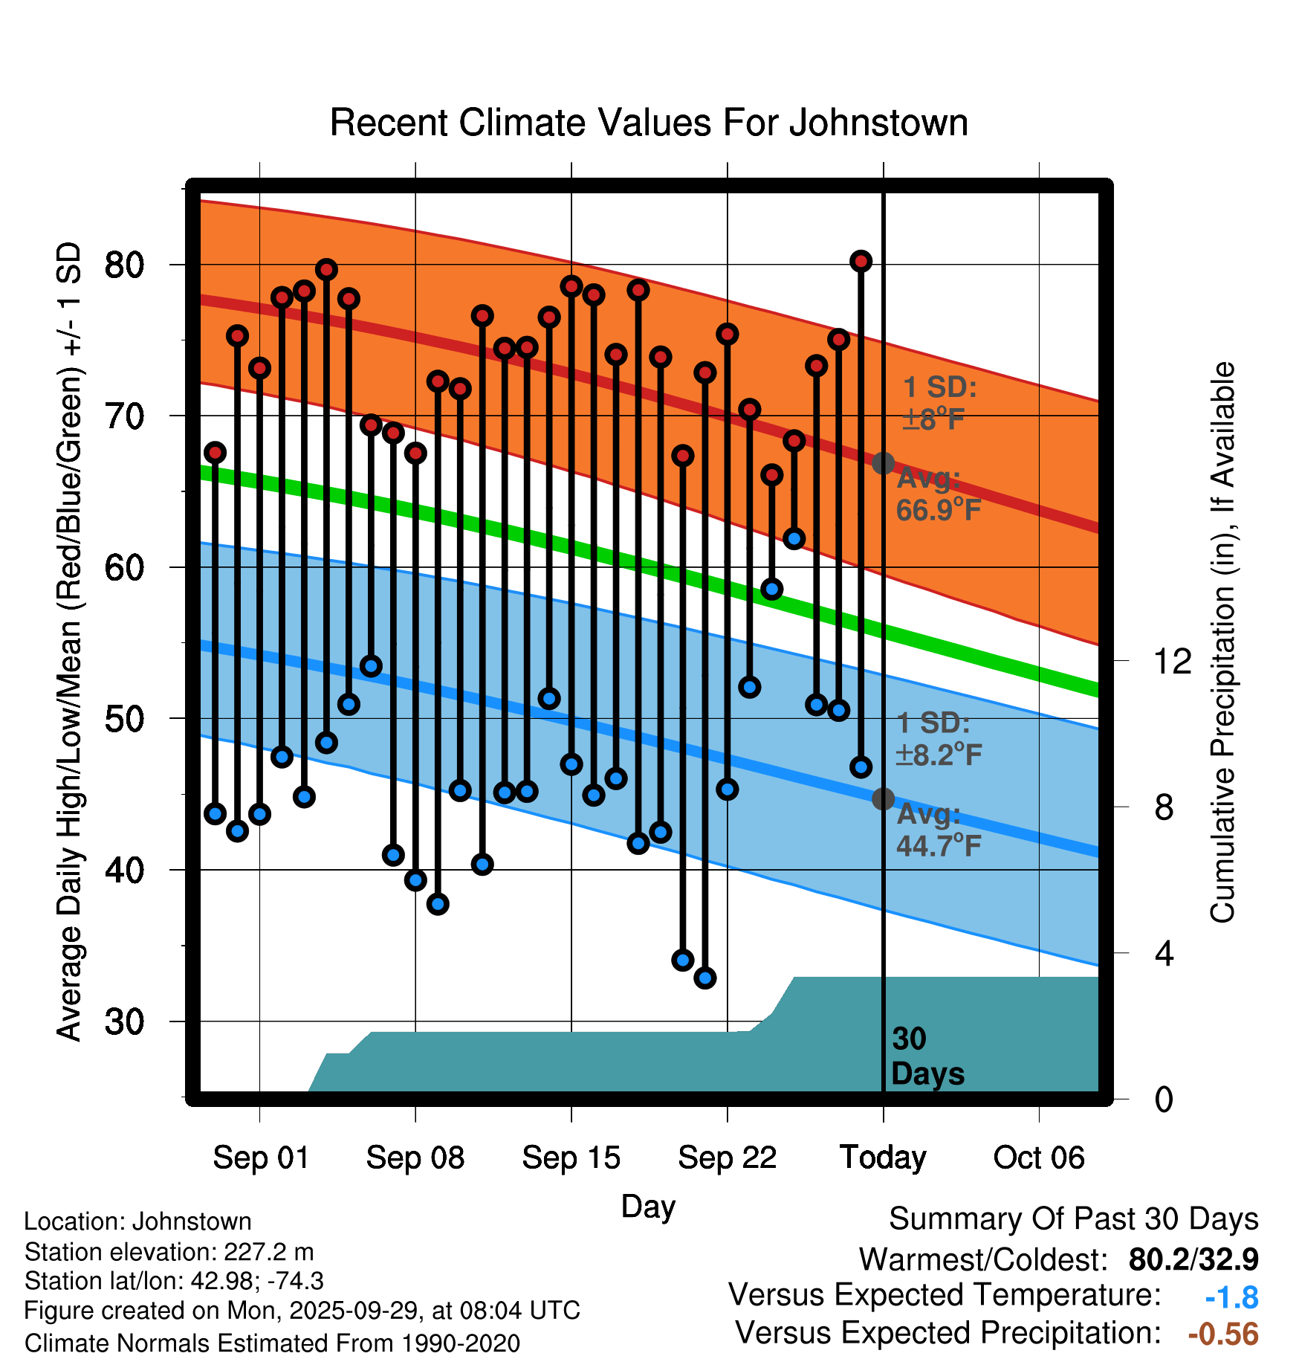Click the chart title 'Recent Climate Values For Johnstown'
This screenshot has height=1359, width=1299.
(x=649, y=123)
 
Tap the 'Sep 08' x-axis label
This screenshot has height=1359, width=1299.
(x=415, y=1158)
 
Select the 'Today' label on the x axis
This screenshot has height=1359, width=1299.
(x=883, y=1158)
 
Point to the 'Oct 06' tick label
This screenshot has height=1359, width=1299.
(x=1039, y=1158)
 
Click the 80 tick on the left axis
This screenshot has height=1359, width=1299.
(x=124, y=265)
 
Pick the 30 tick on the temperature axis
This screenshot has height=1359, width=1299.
(x=124, y=1021)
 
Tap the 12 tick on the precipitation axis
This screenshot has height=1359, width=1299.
(x=1172, y=661)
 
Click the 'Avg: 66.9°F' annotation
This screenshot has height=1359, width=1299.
(x=938, y=494)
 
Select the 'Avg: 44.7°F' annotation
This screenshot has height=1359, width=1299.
(x=938, y=830)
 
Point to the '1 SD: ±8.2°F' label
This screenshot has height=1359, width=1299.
(x=938, y=739)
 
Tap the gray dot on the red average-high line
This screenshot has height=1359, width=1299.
(x=883, y=463)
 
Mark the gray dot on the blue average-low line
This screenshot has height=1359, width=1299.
(x=883, y=798)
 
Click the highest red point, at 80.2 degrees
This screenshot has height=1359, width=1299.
(x=861, y=261)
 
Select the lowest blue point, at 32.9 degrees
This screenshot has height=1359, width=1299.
(x=705, y=978)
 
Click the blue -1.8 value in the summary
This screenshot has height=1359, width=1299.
(x=1231, y=1297)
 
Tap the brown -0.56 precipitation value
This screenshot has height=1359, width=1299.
(x=1223, y=1334)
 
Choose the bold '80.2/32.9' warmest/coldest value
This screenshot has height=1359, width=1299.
(x=1193, y=1259)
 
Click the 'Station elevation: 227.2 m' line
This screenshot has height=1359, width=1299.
(x=169, y=1252)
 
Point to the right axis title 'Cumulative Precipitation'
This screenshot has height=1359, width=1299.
(x=1222, y=643)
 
